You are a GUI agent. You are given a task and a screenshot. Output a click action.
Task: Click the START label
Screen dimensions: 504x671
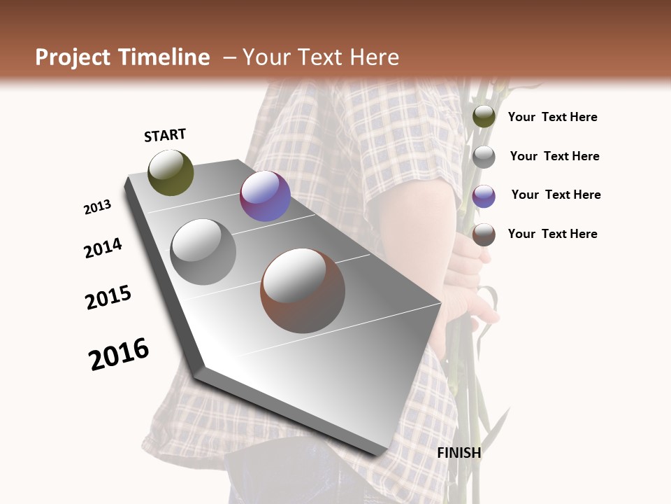pyautogui.click(x=165, y=135)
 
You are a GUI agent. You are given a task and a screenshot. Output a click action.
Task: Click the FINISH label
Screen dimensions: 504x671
pyautogui.click(x=459, y=453)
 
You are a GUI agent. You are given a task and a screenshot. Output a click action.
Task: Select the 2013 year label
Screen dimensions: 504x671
pyautogui.click(x=97, y=207)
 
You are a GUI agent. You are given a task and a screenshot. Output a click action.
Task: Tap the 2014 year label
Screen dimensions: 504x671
pyautogui.click(x=103, y=248)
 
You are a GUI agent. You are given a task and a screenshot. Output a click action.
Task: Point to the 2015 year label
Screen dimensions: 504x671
pyautogui.click(x=108, y=297)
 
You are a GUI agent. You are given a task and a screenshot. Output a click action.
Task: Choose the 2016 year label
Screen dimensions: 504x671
pyautogui.click(x=119, y=353)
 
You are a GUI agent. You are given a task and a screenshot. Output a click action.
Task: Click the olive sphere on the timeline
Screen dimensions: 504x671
pyautogui.click(x=171, y=172)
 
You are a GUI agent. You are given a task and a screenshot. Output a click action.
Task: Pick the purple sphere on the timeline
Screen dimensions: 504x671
pyautogui.click(x=265, y=196)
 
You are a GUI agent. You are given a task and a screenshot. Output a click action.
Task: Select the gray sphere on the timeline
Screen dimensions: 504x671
pyautogui.click(x=203, y=251)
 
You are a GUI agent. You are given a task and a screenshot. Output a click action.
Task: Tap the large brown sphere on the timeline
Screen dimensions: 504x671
pyautogui.click(x=303, y=290)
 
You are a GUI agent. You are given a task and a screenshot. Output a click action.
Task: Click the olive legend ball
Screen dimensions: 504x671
pyautogui.click(x=484, y=117)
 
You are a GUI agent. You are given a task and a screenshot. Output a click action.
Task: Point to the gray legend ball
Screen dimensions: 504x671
pyautogui.click(x=484, y=156)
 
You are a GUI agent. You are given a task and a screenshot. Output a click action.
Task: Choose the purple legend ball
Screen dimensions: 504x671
pyautogui.click(x=484, y=195)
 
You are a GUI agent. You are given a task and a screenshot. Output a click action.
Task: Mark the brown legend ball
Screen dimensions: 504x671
pyautogui.click(x=484, y=234)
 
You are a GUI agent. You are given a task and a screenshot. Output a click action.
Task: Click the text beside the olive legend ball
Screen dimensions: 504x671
pyautogui.click(x=552, y=117)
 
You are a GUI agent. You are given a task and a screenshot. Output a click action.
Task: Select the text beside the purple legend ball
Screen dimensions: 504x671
pyautogui.click(x=556, y=195)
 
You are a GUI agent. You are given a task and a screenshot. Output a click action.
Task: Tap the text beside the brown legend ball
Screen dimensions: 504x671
pyautogui.click(x=552, y=234)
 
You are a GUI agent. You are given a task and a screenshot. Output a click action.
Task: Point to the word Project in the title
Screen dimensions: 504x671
pyautogui.click(x=73, y=57)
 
